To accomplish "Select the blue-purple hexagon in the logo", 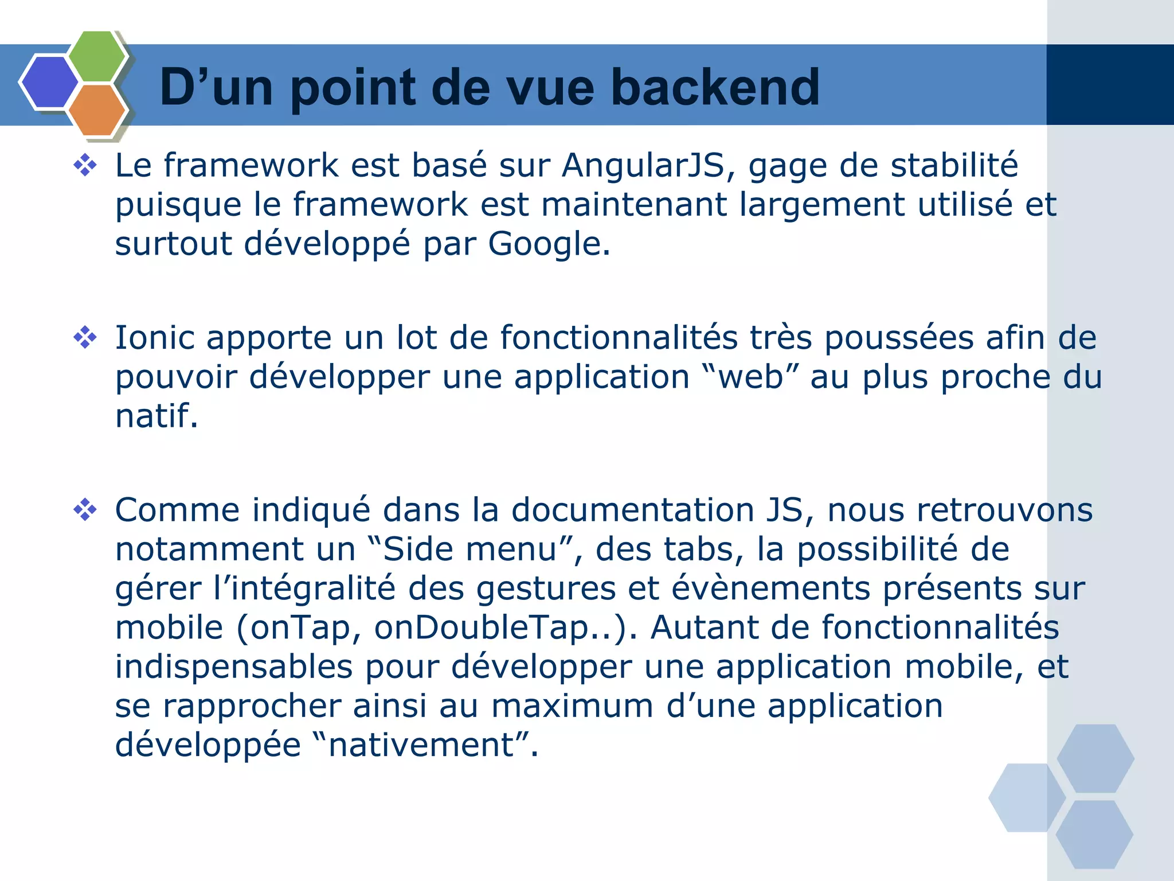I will pos(49,82).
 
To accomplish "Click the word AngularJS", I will pos(643,166).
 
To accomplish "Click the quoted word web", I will pos(751,377).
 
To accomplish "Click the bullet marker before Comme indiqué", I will pos(85,509).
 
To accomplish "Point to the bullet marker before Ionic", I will pos(85,337).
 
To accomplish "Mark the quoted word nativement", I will pos(421,744).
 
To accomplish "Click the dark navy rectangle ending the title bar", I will pos(1110,85).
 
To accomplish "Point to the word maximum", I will pos(572,705).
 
